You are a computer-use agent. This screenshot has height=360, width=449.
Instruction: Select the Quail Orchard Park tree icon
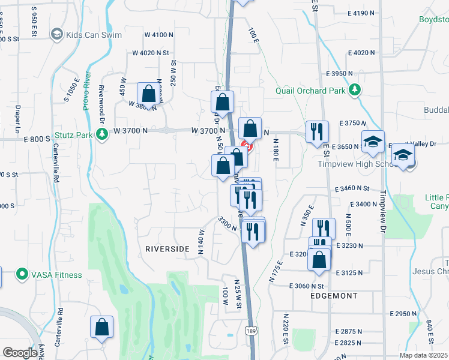pyautogui.click(x=356, y=90)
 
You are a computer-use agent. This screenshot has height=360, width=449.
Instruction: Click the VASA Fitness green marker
pyautogui.click(x=23, y=275)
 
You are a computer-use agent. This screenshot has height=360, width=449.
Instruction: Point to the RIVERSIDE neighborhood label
pyautogui.click(x=167, y=248)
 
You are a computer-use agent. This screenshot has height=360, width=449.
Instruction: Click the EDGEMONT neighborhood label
pyautogui.click(x=334, y=296)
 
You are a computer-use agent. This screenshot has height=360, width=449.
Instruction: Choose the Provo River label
pyautogui.click(x=86, y=90)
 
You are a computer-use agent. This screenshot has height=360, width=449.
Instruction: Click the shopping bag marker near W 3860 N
pyautogui.click(x=148, y=94)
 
